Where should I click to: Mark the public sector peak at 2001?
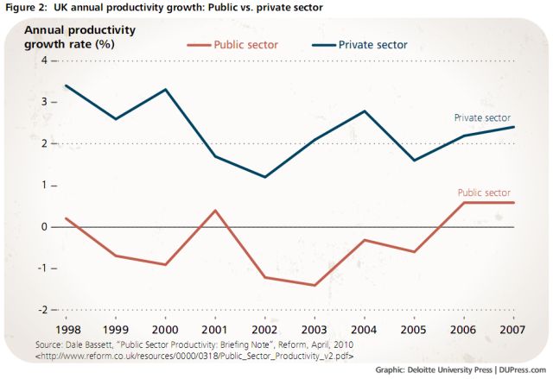pyautogui.click(x=216, y=211)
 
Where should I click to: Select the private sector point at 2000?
pyautogui.click(x=167, y=90)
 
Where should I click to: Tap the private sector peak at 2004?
pyautogui.click(x=365, y=111)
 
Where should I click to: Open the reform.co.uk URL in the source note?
pyautogui.click(x=195, y=355)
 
